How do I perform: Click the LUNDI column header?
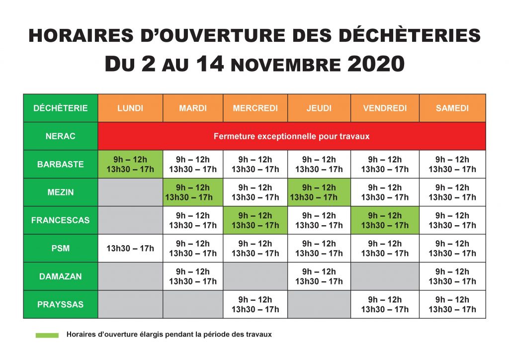[x=130, y=108]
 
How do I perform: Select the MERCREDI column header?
[x=255, y=108]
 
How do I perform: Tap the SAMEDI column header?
[x=452, y=108]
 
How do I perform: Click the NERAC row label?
[x=61, y=136]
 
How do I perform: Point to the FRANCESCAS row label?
[x=61, y=220]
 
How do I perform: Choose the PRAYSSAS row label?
[x=61, y=304]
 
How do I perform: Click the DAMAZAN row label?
[x=61, y=276]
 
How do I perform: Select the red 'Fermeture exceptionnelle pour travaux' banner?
[x=292, y=136]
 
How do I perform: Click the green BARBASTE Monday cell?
[x=130, y=164]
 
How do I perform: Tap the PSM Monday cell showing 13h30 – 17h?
[x=130, y=248]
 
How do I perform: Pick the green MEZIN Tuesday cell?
[x=193, y=192]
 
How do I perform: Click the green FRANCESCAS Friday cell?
[x=385, y=220]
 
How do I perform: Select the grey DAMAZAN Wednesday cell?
[x=255, y=276]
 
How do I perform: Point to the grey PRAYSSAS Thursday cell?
[x=319, y=304]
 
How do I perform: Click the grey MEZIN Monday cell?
[x=130, y=192]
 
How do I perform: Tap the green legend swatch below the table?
[x=47, y=335]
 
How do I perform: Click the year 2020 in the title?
[x=376, y=64]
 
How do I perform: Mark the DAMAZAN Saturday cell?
[x=452, y=276]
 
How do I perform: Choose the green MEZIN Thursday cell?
[x=319, y=192]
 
